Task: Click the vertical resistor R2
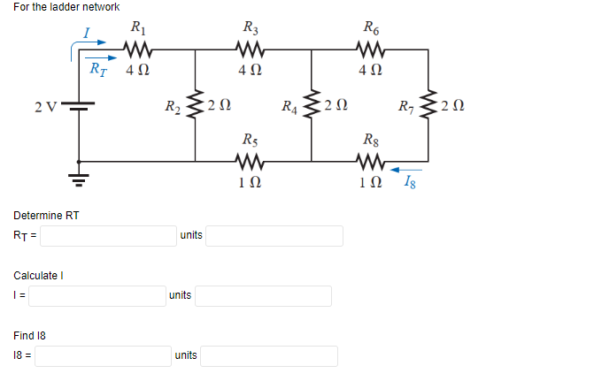tap(196, 106)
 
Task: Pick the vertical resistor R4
tap(312, 106)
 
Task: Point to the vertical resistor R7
tap(428, 106)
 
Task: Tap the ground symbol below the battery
tap(81, 181)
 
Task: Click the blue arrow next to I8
tap(407, 170)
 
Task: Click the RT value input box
tap(106, 236)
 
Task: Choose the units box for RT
tap(275, 236)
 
